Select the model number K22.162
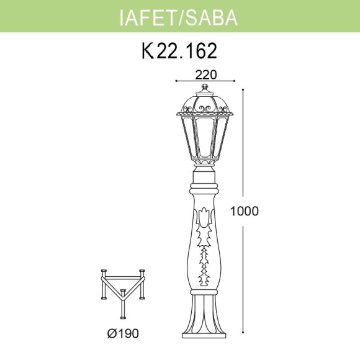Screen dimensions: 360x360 click(179, 50)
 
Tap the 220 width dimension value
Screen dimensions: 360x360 click(206, 74)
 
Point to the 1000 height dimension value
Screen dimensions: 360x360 click(244, 210)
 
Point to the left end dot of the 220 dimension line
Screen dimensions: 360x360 click(176, 81)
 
